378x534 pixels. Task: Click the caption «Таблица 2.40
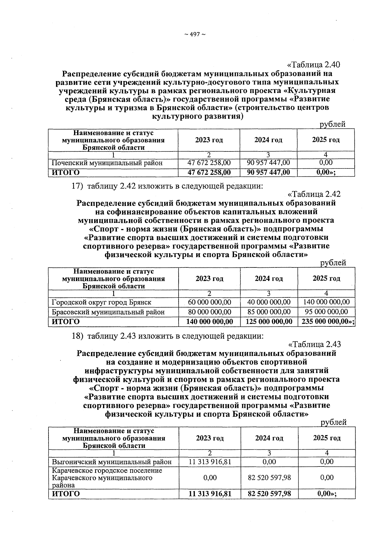[x=314, y=65]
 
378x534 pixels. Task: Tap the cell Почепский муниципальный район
[x=107, y=163]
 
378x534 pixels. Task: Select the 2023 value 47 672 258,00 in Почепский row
[x=209, y=163]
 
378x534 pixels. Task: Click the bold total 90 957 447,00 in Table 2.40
[x=268, y=173]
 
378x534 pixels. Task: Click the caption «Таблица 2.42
[x=314, y=194]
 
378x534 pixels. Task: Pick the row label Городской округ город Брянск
[x=101, y=302]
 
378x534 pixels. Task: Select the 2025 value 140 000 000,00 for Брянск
[x=326, y=302]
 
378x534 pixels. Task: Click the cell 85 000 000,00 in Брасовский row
[x=269, y=312]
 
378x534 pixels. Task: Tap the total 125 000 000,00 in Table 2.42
[x=269, y=322]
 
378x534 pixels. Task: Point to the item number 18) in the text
[x=77, y=336]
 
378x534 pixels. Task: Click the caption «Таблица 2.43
[x=314, y=344]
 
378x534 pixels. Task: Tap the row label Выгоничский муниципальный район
[x=112, y=462]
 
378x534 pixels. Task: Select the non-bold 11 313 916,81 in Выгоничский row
[x=210, y=462]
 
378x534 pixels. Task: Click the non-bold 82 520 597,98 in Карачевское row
[x=269, y=478]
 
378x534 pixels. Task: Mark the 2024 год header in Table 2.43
[x=269, y=438]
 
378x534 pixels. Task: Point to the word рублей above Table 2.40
[x=333, y=124]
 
